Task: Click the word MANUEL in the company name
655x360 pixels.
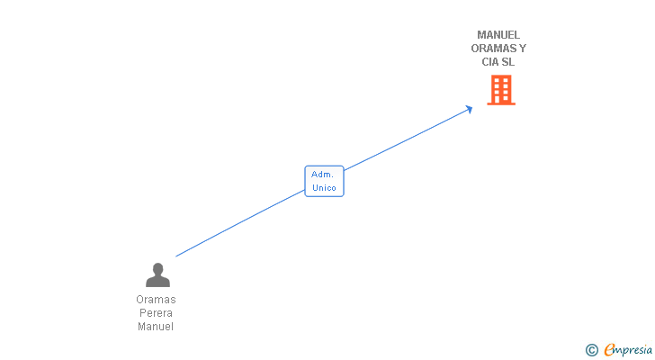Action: tap(498, 35)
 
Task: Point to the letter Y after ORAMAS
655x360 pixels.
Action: tap(522, 49)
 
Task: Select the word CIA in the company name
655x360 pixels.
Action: tap(490, 62)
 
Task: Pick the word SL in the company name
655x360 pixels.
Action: tap(508, 62)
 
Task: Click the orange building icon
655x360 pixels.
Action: tap(501, 90)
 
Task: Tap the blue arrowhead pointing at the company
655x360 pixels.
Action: tap(469, 109)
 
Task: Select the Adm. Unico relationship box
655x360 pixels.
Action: tap(324, 181)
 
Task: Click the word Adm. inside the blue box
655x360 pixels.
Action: tap(322, 175)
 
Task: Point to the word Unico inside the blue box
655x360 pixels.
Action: tap(324, 188)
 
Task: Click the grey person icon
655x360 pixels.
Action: tap(157, 274)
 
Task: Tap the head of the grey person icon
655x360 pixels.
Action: tap(158, 268)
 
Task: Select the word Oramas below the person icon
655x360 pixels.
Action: tap(156, 300)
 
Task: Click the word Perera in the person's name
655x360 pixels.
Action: tap(156, 313)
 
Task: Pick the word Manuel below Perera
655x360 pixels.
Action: tap(156, 327)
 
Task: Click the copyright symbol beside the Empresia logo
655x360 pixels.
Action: tap(591, 350)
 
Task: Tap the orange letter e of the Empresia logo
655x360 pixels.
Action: tap(609, 349)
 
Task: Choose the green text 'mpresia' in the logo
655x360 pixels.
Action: tap(633, 350)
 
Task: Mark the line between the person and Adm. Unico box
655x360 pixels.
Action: tap(240, 223)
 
